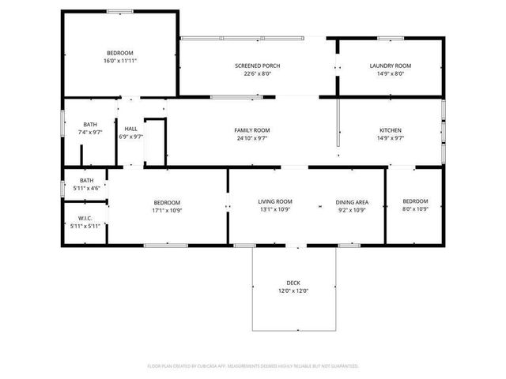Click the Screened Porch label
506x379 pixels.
[258, 66]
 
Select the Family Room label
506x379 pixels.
[252, 130]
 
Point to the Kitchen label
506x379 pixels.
[391, 130]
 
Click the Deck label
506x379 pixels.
[293, 283]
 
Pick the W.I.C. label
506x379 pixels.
[86, 218]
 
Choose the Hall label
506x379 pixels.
[130, 129]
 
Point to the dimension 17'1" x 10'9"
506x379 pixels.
[167, 210]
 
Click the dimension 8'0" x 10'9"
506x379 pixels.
[415, 210]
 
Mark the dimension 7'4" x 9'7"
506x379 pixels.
[90, 132]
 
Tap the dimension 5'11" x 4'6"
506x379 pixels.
[85, 188]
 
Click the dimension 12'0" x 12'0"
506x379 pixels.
[293, 291]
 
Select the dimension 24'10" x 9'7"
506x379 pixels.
[252, 138]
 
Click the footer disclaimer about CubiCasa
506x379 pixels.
[253, 366]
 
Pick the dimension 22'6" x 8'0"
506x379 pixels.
[258, 73]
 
